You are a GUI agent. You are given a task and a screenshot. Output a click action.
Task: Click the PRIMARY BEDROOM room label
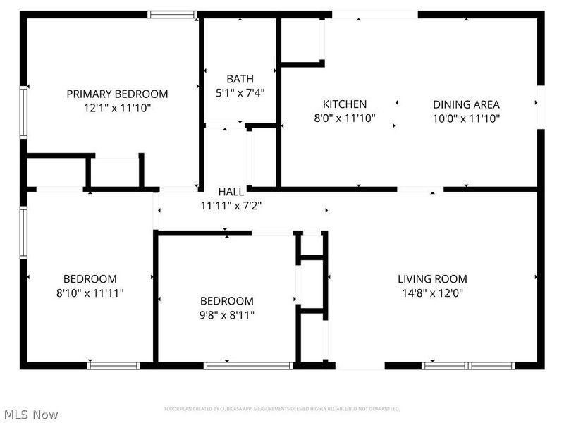[x=117, y=94]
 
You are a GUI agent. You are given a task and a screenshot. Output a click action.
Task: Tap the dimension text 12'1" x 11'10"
[x=117, y=108]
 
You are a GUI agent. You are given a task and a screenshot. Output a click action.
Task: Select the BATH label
[x=240, y=78]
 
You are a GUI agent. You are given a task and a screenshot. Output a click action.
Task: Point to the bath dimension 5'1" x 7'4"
[x=240, y=92]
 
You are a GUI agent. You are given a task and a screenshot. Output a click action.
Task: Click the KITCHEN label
[x=345, y=104]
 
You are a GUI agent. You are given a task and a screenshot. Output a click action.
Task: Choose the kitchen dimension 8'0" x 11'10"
[x=345, y=118]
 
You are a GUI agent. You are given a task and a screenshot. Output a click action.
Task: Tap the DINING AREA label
[x=466, y=104]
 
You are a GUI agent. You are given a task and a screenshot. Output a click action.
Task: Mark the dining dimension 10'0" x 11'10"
[x=466, y=118]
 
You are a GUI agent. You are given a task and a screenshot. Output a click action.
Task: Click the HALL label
[x=231, y=192]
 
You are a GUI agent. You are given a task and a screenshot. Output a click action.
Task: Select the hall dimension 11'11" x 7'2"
[x=231, y=206]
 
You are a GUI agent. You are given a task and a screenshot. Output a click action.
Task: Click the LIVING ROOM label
[x=432, y=279]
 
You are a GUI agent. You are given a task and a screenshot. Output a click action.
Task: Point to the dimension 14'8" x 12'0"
[x=432, y=293]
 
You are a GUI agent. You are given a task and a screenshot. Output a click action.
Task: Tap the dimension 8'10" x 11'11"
[x=90, y=293]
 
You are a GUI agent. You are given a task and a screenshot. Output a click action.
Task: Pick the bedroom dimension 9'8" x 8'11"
[x=226, y=314]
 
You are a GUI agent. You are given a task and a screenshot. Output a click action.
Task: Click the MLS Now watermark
[x=31, y=415]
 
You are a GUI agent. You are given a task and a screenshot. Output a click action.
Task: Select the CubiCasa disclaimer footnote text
[x=282, y=409]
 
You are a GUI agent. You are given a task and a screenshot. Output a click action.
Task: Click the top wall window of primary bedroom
[x=172, y=13]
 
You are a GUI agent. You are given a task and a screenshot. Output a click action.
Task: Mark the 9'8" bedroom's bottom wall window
[x=248, y=365]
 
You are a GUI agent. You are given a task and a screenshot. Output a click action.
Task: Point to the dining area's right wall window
[x=540, y=106]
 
